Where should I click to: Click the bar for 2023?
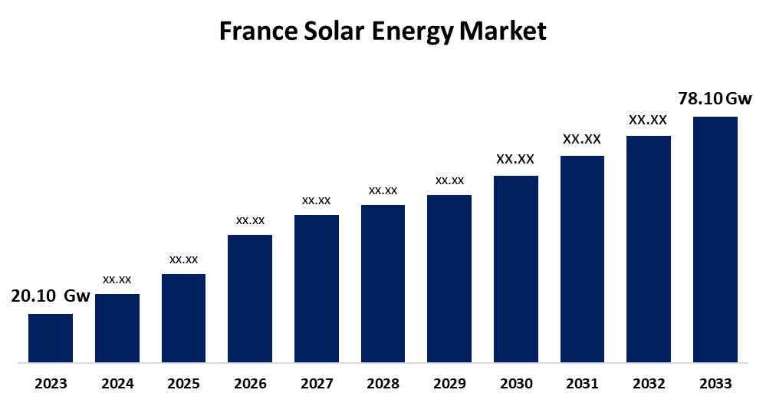point(51,338)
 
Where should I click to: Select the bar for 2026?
point(250,298)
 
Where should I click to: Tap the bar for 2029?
point(449,278)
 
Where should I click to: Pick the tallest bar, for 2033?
point(715,239)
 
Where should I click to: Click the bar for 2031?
point(582,259)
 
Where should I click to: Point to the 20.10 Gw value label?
point(51,296)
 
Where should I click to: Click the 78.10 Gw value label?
point(715,99)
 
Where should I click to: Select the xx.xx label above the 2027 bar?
point(316,200)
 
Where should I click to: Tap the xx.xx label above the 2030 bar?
point(515,160)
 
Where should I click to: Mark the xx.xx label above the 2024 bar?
point(117,279)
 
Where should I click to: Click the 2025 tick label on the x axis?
point(183,383)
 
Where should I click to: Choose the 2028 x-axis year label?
point(383,383)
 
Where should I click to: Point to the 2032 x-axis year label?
point(649,383)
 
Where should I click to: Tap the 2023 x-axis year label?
point(51,383)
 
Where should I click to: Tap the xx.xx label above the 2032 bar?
point(648,120)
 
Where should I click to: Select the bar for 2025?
point(183,318)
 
